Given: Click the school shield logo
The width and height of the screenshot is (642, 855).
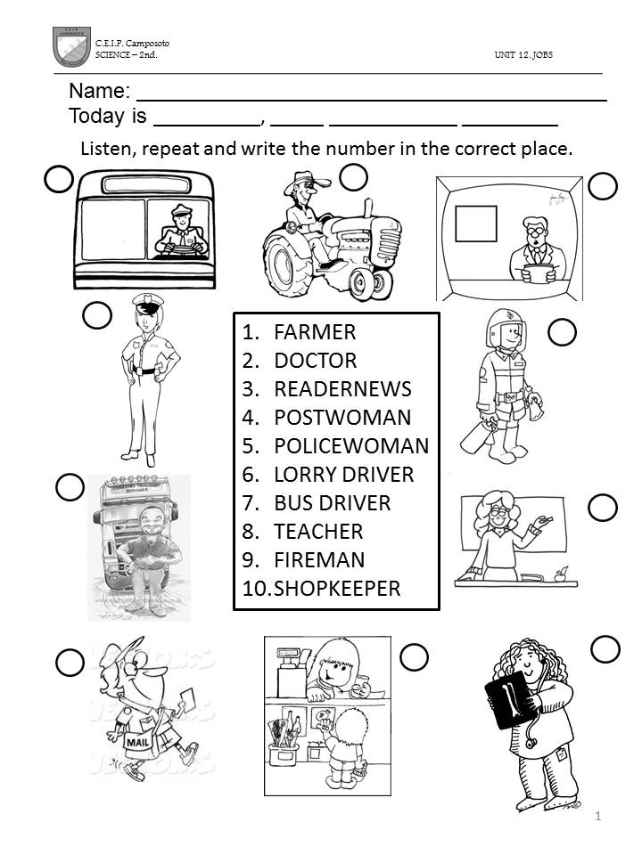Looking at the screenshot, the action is [71, 47].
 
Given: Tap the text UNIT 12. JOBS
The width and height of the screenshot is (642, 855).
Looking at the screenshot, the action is [523, 54].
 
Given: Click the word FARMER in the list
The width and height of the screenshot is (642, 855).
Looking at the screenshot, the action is [315, 332].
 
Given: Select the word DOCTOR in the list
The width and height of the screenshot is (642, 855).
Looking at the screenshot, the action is [316, 361].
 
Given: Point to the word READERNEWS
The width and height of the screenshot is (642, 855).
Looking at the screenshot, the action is [342, 389].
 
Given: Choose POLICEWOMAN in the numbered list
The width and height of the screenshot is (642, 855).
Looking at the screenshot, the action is [351, 445].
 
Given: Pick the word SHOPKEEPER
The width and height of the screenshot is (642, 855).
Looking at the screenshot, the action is [337, 589].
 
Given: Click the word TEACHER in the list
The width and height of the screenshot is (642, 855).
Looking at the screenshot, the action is [319, 531].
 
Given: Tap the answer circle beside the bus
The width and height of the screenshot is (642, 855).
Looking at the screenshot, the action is [59, 179].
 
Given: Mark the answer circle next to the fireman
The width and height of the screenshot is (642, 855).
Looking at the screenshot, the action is [563, 332].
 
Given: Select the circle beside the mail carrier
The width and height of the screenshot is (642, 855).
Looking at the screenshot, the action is [70, 663].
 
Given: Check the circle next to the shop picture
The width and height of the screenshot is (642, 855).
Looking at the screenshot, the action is [414, 657].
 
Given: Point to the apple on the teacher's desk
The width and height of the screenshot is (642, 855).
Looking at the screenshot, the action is [561, 574].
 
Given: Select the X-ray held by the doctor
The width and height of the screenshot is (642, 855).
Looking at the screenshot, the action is [510, 699].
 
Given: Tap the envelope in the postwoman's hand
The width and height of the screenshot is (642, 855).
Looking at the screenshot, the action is [186, 700].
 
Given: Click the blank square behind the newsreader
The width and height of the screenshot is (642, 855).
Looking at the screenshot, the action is [476, 224].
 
